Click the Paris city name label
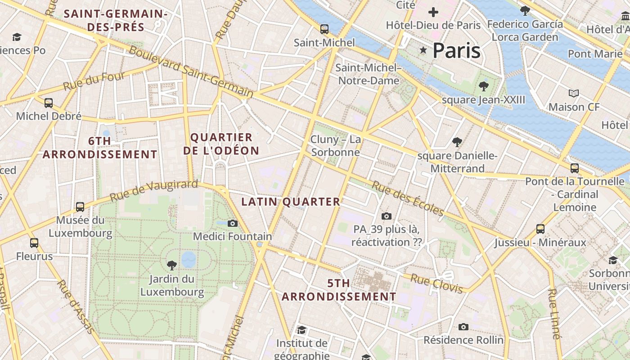click(x=456, y=51)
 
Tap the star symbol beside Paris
click(x=423, y=50)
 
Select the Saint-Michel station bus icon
click(x=324, y=29)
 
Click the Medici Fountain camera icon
click(x=233, y=223)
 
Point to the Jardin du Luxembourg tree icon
click(x=171, y=265)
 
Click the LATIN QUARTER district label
click(x=291, y=202)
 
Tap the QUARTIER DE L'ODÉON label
click(x=221, y=144)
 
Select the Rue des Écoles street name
click(x=408, y=198)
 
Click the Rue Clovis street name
click(x=436, y=284)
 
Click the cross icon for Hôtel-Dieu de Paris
click(x=433, y=12)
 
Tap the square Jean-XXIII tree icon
click(x=484, y=86)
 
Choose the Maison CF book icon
click(x=573, y=94)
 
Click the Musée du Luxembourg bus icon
click(x=80, y=207)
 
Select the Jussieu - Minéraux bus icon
click(x=540, y=229)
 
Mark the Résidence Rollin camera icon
click(x=463, y=327)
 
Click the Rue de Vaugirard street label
click(x=153, y=191)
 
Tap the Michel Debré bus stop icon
click(x=49, y=103)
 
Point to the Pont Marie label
click(x=595, y=54)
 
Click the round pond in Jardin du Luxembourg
click(x=189, y=259)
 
